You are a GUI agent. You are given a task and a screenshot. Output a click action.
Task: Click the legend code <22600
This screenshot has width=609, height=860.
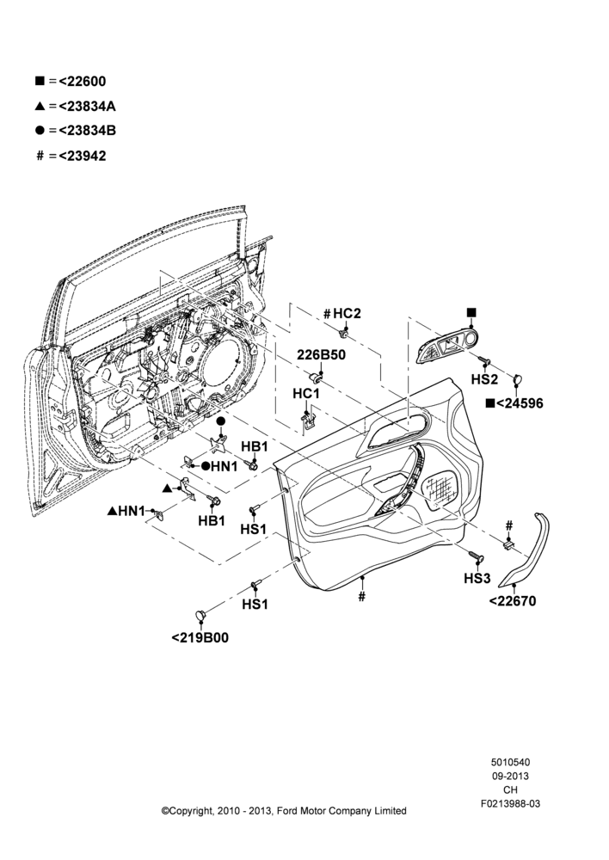[83, 81]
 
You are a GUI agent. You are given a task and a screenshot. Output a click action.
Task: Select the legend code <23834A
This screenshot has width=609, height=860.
[87, 106]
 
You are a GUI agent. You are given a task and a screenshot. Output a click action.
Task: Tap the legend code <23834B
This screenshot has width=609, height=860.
[87, 131]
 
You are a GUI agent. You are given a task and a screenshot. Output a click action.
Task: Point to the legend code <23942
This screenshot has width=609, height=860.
[83, 156]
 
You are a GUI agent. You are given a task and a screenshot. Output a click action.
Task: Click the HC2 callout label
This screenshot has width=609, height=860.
[348, 313]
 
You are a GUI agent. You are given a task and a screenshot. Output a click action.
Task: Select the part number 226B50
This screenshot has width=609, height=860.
[322, 355]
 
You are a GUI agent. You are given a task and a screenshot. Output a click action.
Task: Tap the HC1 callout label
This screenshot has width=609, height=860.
[306, 393]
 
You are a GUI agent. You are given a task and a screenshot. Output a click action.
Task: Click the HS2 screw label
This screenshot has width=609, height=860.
[484, 379]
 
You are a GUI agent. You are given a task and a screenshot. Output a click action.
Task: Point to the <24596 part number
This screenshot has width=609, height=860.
[520, 403]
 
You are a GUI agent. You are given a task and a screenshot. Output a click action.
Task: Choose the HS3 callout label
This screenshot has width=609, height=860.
[477, 578]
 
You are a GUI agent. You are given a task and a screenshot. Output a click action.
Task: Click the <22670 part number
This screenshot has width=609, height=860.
[513, 601]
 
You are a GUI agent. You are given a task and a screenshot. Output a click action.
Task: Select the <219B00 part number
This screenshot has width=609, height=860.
[200, 638]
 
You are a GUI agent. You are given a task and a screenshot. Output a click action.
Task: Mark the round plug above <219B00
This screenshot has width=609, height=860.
[201, 615]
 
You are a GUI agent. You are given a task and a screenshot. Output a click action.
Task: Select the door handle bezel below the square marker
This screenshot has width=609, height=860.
[447, 347]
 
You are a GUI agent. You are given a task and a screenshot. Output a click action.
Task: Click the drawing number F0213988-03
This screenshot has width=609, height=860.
[510, 803]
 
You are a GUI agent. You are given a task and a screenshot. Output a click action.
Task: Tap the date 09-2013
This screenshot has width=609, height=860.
[510, 776]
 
